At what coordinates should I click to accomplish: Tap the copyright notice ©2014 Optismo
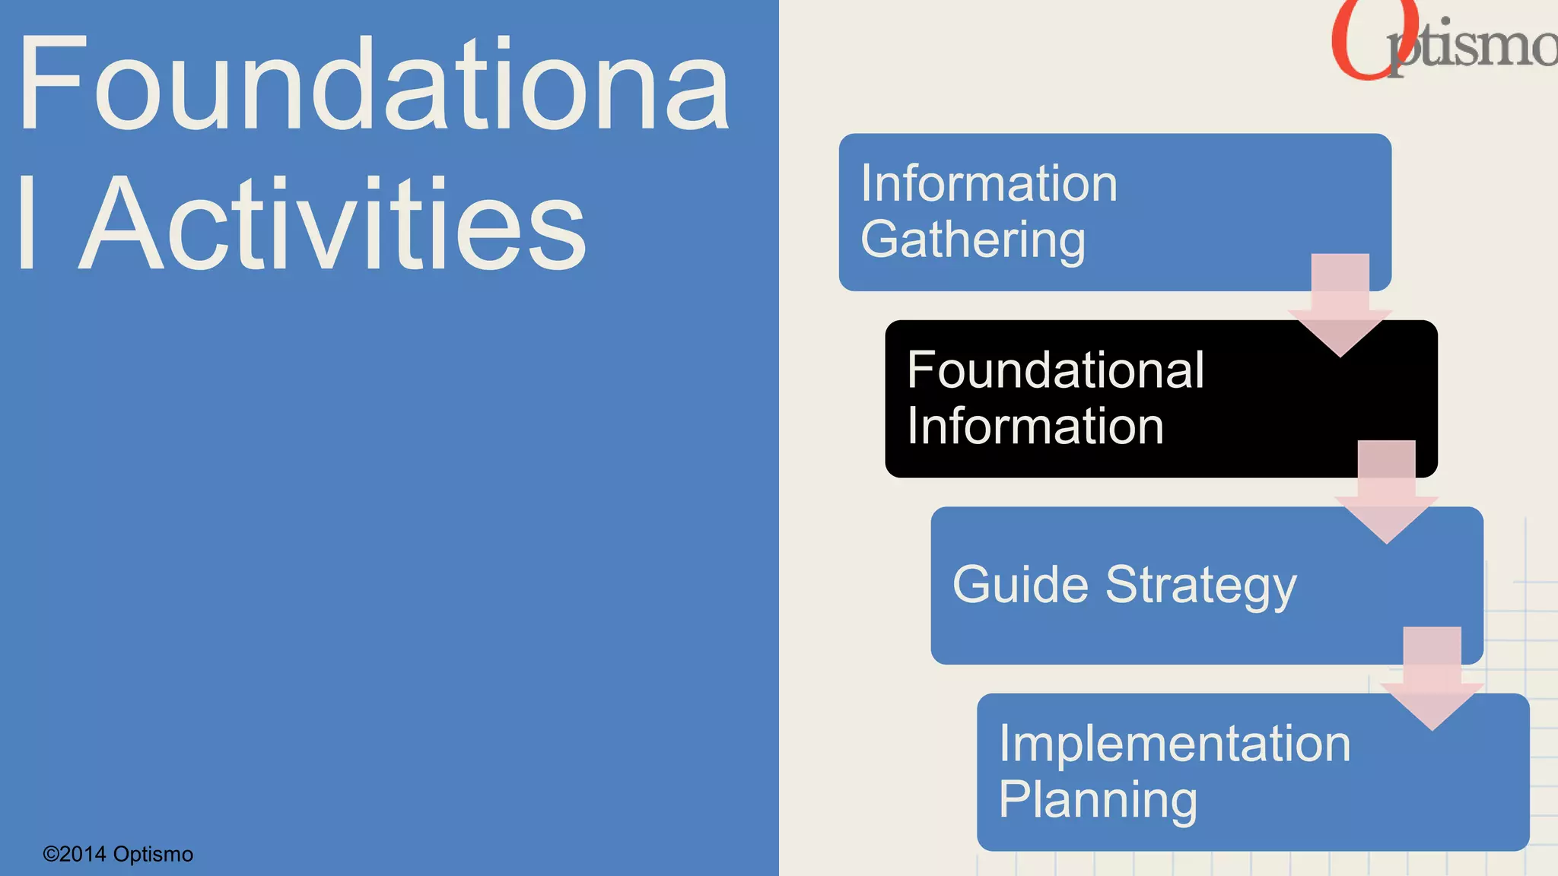[x=118, y=854]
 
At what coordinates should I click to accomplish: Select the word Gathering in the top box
[x=973, y=240]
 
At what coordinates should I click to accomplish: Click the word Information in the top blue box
[x=989, y=184]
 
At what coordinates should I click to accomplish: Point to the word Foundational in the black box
[x=1055, y=370]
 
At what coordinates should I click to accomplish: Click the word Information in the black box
[x=1035, y=426]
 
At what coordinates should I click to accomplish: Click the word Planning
[x=1098, y=800]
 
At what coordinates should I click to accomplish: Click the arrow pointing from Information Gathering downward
[x=1340, y=304]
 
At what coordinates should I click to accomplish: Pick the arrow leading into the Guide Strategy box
[x=1386, y=491]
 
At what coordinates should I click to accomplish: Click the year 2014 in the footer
[x=83, y=854]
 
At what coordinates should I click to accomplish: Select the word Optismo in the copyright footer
[x=153, y=854]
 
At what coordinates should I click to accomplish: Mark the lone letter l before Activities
[x=27, y=222]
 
